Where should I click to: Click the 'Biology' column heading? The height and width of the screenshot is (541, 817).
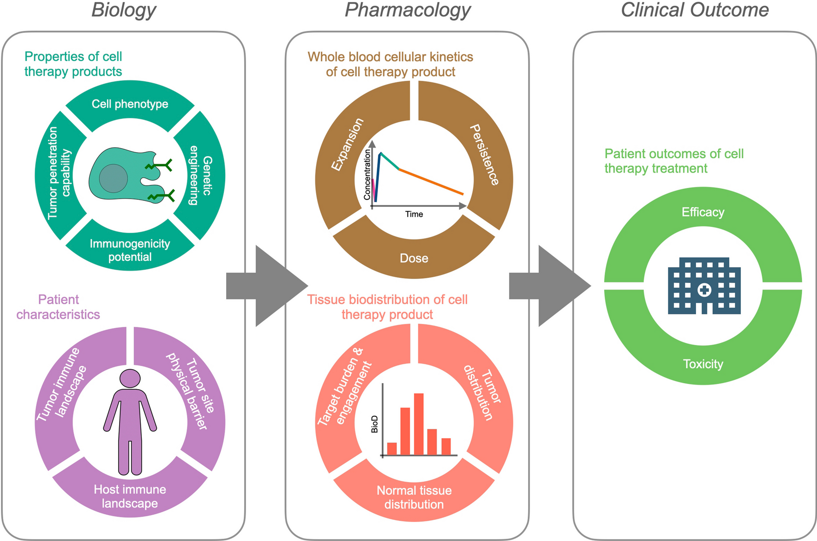[124, 10]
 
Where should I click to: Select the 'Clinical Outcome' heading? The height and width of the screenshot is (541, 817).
[694, 10]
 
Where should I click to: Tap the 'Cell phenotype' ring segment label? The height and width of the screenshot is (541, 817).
[130, 104]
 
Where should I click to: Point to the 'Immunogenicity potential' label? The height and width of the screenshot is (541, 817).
[130, 250]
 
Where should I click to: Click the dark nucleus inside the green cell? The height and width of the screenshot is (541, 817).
[113, 178]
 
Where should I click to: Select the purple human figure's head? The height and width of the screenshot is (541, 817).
[130, 378]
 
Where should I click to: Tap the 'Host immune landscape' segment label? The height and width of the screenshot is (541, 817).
[130, 496]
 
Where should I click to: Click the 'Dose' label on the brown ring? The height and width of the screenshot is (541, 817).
[414, 258]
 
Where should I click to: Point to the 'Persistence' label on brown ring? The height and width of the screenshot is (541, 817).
[484, 155]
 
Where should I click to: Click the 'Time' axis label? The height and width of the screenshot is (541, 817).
[414, 214]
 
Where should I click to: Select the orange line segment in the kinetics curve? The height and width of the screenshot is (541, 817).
[432, 182]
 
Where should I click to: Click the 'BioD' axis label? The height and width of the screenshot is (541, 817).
[374, 424]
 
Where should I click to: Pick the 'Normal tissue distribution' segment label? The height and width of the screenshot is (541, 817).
[414, 497]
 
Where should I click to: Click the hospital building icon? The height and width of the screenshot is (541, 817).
[704, 286]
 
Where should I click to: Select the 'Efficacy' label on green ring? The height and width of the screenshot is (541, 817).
[703, 212]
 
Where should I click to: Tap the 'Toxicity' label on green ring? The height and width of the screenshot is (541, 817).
[703, 364]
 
